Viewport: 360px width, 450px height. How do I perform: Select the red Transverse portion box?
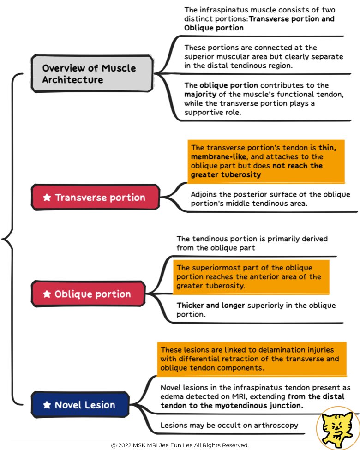coord(95,198)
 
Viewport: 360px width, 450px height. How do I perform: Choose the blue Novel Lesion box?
coord(80,405)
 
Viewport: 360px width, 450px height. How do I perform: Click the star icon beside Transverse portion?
coord(47,198)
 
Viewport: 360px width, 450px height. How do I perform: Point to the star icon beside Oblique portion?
coord(47,294)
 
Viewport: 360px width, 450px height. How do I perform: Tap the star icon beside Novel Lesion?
coord(47,405)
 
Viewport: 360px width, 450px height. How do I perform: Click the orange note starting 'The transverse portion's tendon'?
coord(266,161)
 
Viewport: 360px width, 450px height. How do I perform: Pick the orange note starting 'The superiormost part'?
coord(251,277)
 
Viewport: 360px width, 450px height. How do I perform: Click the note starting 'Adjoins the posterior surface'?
coord(270,199)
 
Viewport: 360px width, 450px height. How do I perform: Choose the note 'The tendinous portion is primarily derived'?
coord(252,243)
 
